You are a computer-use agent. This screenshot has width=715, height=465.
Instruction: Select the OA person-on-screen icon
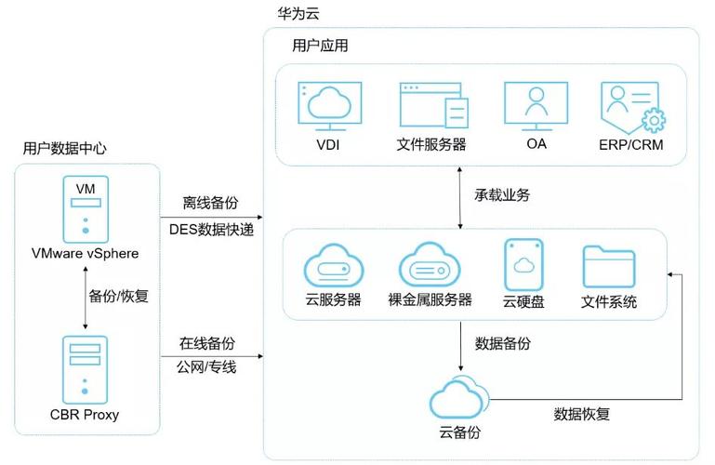(535, 105)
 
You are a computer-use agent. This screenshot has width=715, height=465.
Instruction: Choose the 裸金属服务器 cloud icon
(429, 266)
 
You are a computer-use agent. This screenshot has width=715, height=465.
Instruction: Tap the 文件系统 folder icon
(609, 268)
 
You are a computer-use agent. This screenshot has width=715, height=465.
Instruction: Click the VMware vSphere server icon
(86, 209)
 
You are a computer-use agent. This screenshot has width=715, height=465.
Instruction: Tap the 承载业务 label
(502, 195)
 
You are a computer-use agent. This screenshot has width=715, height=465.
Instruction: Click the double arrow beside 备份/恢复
(86, 297)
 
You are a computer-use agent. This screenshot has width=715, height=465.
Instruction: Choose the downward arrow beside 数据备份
(462, 344)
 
